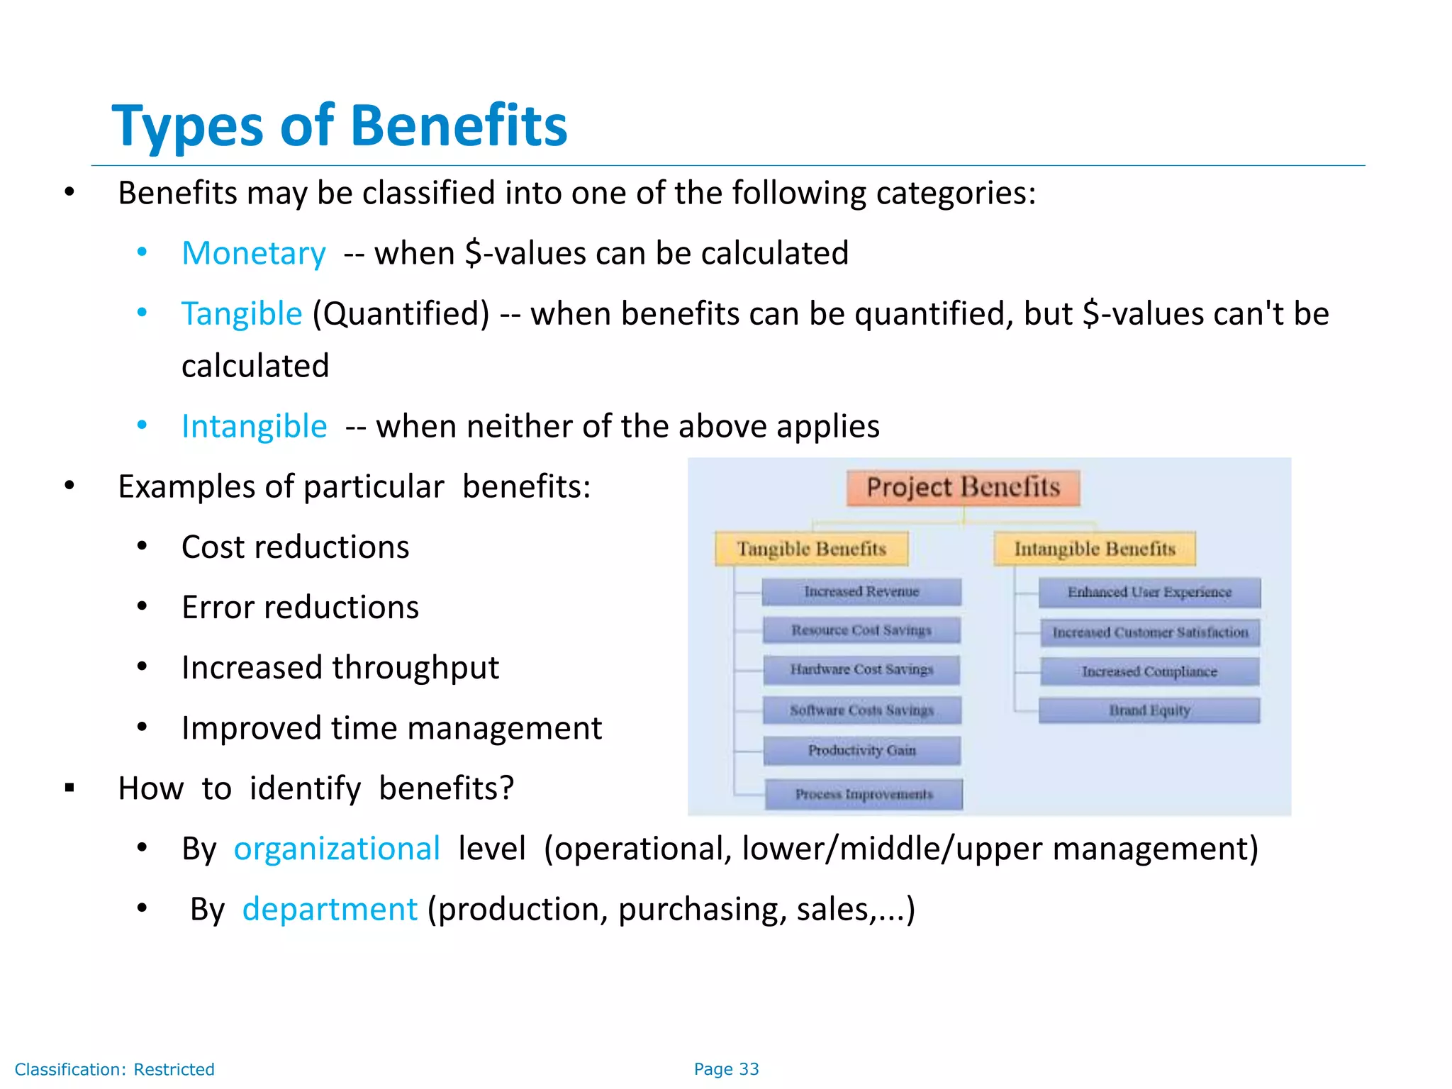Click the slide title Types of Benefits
click(340, 125)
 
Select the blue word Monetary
click(253, 253)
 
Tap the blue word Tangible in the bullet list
click(241, 313)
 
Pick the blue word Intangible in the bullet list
click(254, 426)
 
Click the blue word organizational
click(337, 849)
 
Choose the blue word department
click(330, 909)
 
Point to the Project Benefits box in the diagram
click(963, 488)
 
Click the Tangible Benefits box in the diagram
click(811, 549)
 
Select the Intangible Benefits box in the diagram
click(1094, 549)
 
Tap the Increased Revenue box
click(861, 592)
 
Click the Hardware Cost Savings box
click(861, 670)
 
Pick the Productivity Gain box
click(862, 751)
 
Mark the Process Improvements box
click(864, 794)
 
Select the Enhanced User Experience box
click(1149, 593)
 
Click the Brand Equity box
click(1149, 710)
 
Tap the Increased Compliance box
click(1149, 671)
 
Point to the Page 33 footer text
click(726, 1069)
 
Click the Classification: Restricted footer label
click(114, 1069)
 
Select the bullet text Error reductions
click(300, 608)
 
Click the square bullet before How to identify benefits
click(69, 788)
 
